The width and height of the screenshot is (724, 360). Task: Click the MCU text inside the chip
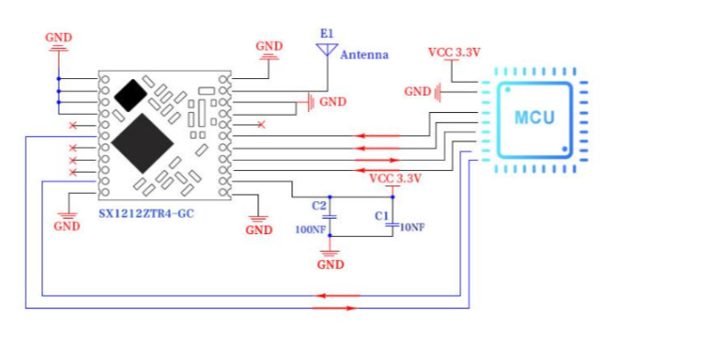pos(534,118)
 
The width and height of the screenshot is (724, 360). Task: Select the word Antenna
pos(365,55)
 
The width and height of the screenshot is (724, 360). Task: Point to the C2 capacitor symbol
pos(329,217)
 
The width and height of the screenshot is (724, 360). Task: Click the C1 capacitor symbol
pos(392,225)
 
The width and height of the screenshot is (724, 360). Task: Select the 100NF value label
pos(311,229)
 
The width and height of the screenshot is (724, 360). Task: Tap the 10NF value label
pos(411,227)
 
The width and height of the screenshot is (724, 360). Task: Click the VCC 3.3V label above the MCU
pos(455,52)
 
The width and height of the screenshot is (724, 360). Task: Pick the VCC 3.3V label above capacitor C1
pos(396,178)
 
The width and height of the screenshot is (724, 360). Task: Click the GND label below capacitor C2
pos(331,264)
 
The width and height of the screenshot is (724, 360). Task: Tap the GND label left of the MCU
pos(418,92)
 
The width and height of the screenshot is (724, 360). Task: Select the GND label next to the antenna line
pos(333,102)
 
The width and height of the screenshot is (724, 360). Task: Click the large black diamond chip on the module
pos(142,143)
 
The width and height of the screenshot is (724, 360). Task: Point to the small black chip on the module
pos(130,96)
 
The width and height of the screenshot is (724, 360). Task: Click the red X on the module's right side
pos(261,124)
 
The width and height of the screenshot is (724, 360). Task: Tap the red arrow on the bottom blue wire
pos(334,308)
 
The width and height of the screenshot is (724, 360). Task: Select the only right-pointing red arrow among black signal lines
pos(378,160)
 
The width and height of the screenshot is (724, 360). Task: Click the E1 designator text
pos(326,33)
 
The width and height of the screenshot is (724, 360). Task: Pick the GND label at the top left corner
pos(59,38)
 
